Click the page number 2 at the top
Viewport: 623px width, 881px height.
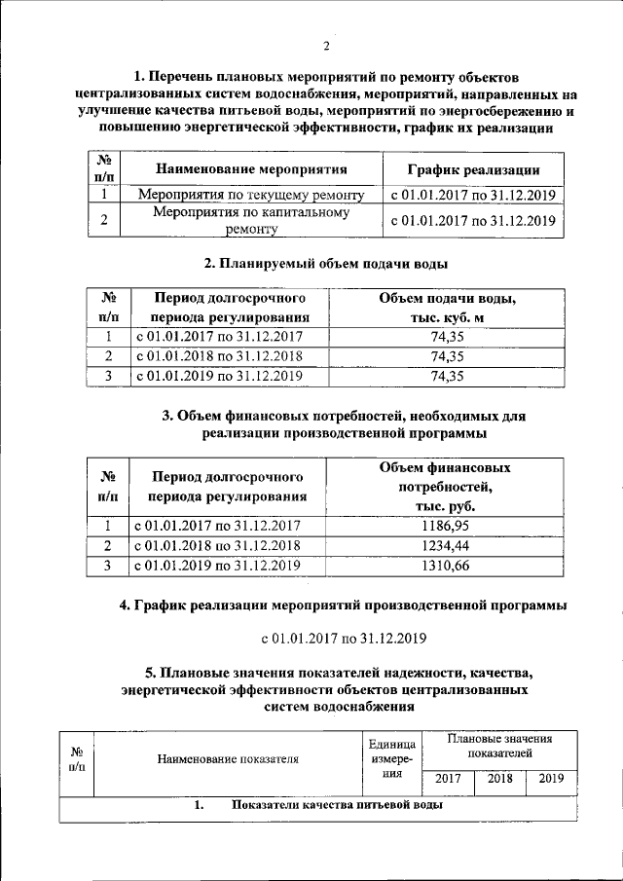click(326, 46)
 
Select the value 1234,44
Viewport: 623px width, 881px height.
click(446, 545)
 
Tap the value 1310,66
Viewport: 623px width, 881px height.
click(446, 566)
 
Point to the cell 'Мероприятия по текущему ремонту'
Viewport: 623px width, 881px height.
click(250, 194)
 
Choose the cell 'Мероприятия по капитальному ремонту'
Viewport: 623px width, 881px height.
click(250, 221)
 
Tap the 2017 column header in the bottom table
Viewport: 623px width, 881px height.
click(448, 779)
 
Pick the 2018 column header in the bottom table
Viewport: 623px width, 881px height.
click(499, 779)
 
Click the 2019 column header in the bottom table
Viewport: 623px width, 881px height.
click(551, 779)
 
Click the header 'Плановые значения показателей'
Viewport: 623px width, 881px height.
click(499, 747)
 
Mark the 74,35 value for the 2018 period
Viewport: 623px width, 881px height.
click(446, 355)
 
